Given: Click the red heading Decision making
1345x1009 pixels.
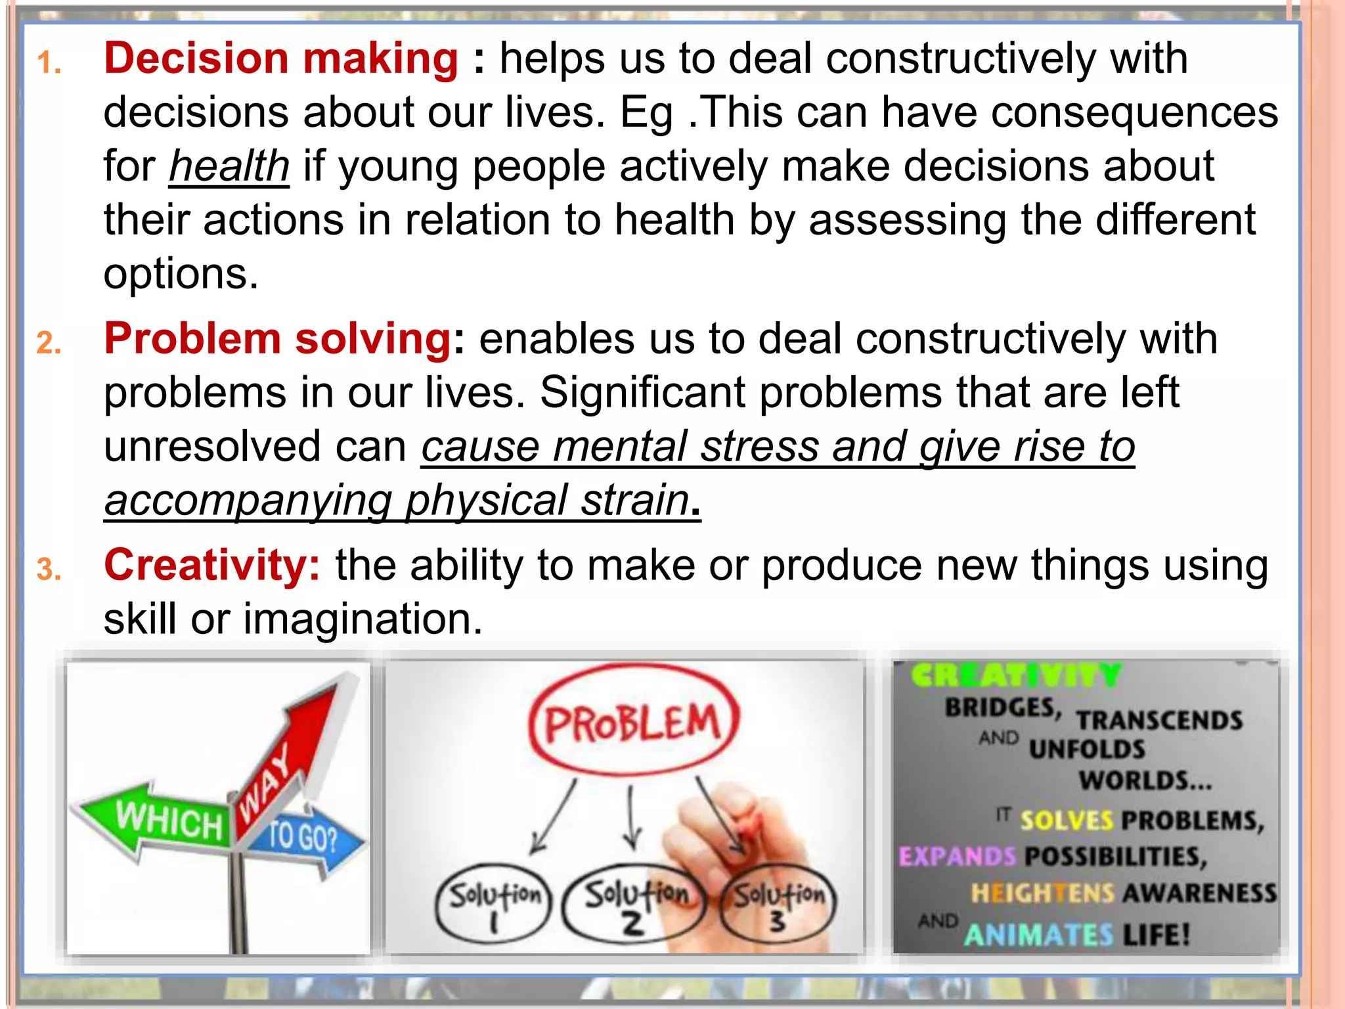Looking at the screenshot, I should click(280, 59).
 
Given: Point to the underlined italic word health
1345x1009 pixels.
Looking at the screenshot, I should click(229, 167).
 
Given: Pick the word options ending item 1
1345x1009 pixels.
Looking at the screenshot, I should click(181, 275).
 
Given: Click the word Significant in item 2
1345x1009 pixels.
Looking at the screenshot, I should click(642, 393).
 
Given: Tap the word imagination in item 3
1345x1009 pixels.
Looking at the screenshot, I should click(363, 619).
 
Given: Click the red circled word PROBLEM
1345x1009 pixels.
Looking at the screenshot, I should click(632, 723).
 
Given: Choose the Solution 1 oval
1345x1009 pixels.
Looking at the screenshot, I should click(494, 904).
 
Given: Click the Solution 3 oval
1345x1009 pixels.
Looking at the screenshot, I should click(778, 904).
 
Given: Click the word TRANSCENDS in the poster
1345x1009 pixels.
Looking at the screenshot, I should click(1158, 721).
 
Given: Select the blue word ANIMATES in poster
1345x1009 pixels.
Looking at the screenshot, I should click(1038, 935).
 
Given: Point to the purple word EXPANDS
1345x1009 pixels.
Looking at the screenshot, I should click(957, 857).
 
